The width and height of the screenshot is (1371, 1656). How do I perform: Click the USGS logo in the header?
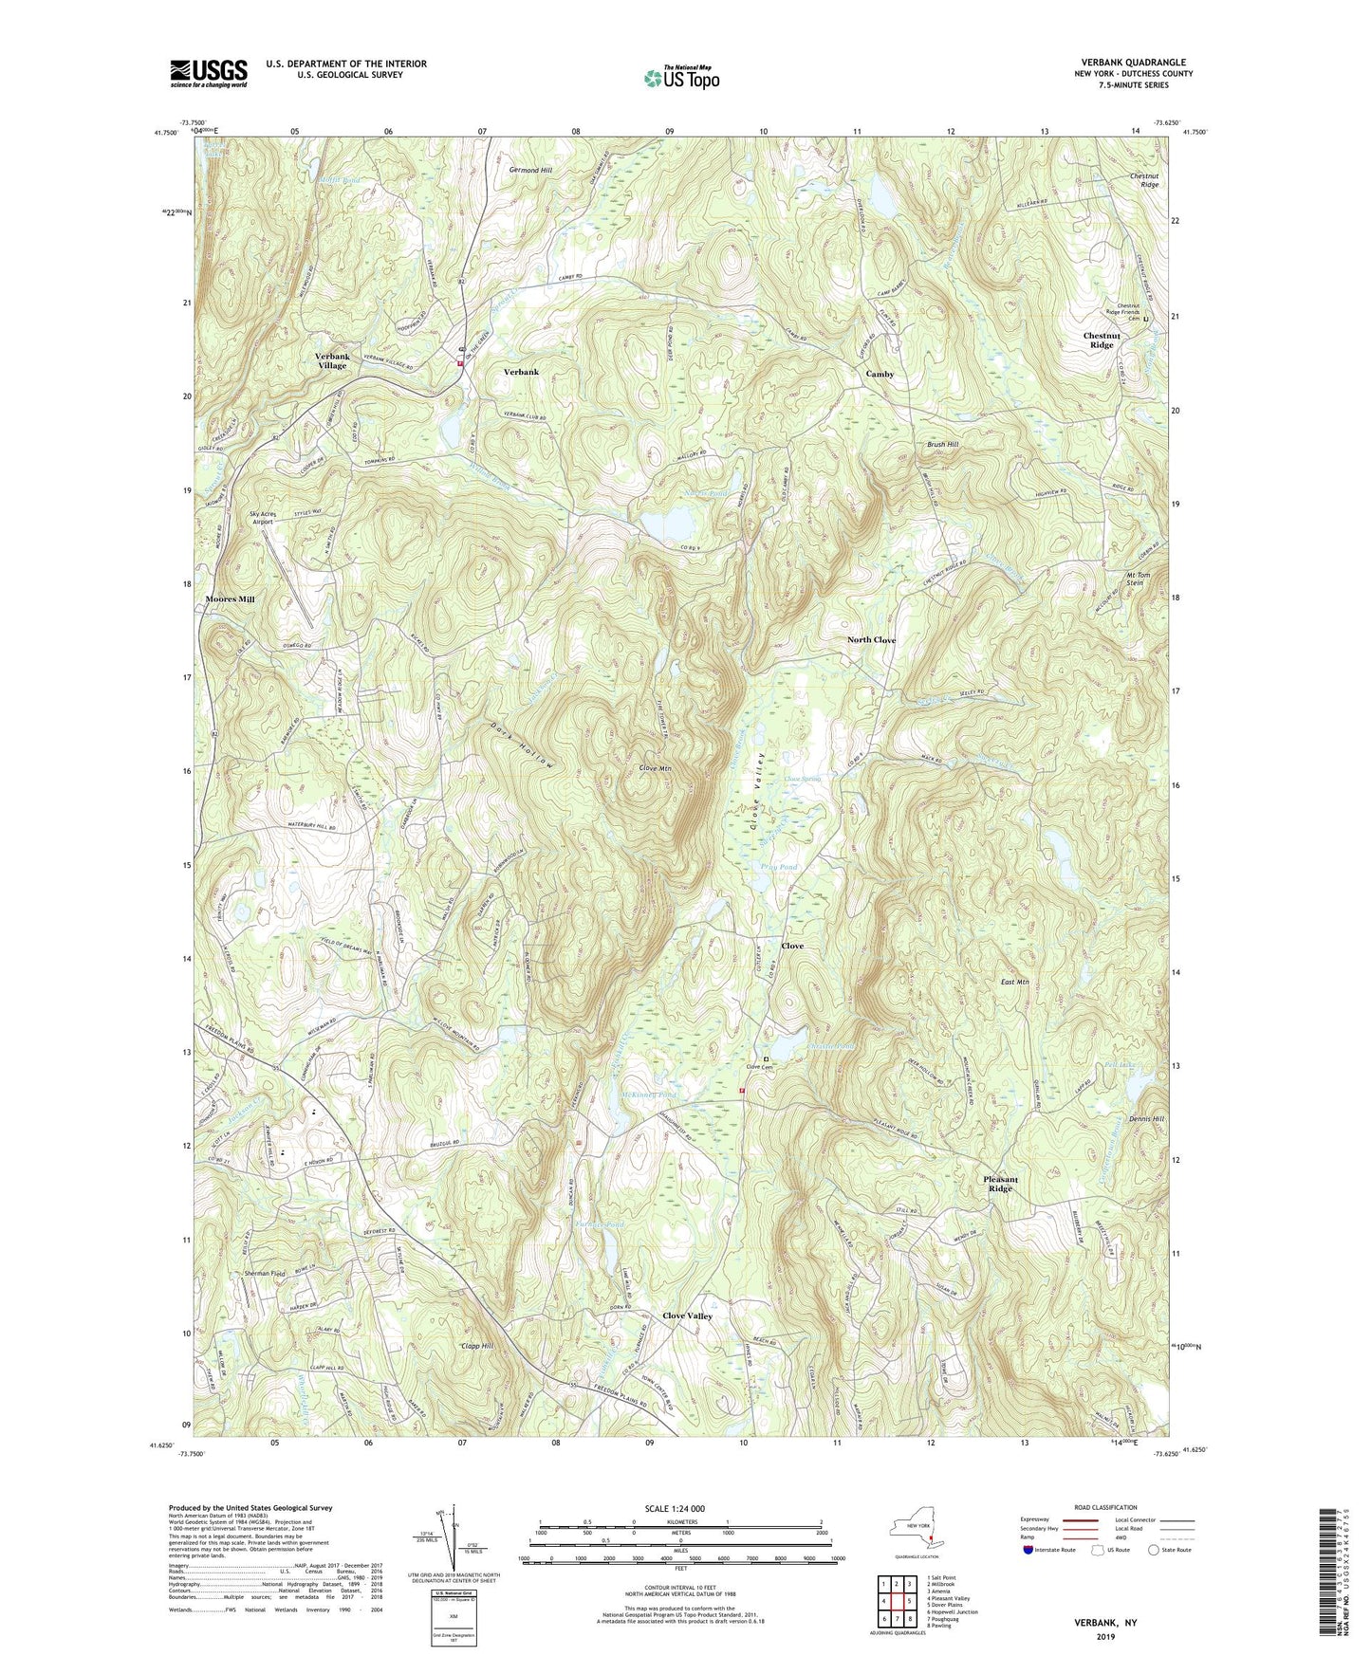tap(208, 73)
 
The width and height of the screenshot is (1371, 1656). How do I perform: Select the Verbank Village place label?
tap(332, 360)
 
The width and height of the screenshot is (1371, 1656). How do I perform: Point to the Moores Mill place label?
tap(230, 599)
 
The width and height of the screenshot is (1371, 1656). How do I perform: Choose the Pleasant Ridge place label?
tap(1000, 1184)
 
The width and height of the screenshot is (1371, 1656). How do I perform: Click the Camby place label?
tap(880, 374)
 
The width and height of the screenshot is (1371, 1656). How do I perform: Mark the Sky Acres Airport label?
tap(262, 517)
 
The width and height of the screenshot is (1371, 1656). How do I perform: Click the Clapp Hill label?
tap(476, 1346)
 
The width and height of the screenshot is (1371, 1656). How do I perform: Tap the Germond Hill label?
tap(530, 170)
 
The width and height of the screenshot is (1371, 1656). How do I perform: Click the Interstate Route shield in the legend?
tap(1028, 1550)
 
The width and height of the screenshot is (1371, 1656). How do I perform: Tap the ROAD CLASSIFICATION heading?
tap(1094, 1507)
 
